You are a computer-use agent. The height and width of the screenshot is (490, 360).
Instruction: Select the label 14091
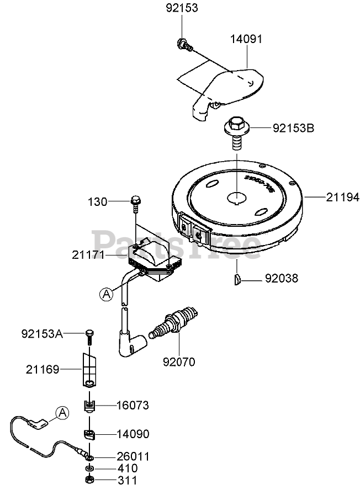click(246, 39)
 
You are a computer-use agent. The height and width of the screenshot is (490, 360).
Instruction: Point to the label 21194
click(342, 196)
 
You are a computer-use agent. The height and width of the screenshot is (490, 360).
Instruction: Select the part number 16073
click(133, 405)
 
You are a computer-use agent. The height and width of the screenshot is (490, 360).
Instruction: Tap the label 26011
click(133, 456)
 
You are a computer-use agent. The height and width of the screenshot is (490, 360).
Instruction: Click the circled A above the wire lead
click(62, 411)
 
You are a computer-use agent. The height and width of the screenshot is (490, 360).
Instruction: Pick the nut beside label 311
click(89, 480)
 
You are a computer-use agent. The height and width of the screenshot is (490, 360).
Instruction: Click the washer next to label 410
click(89, 468)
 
